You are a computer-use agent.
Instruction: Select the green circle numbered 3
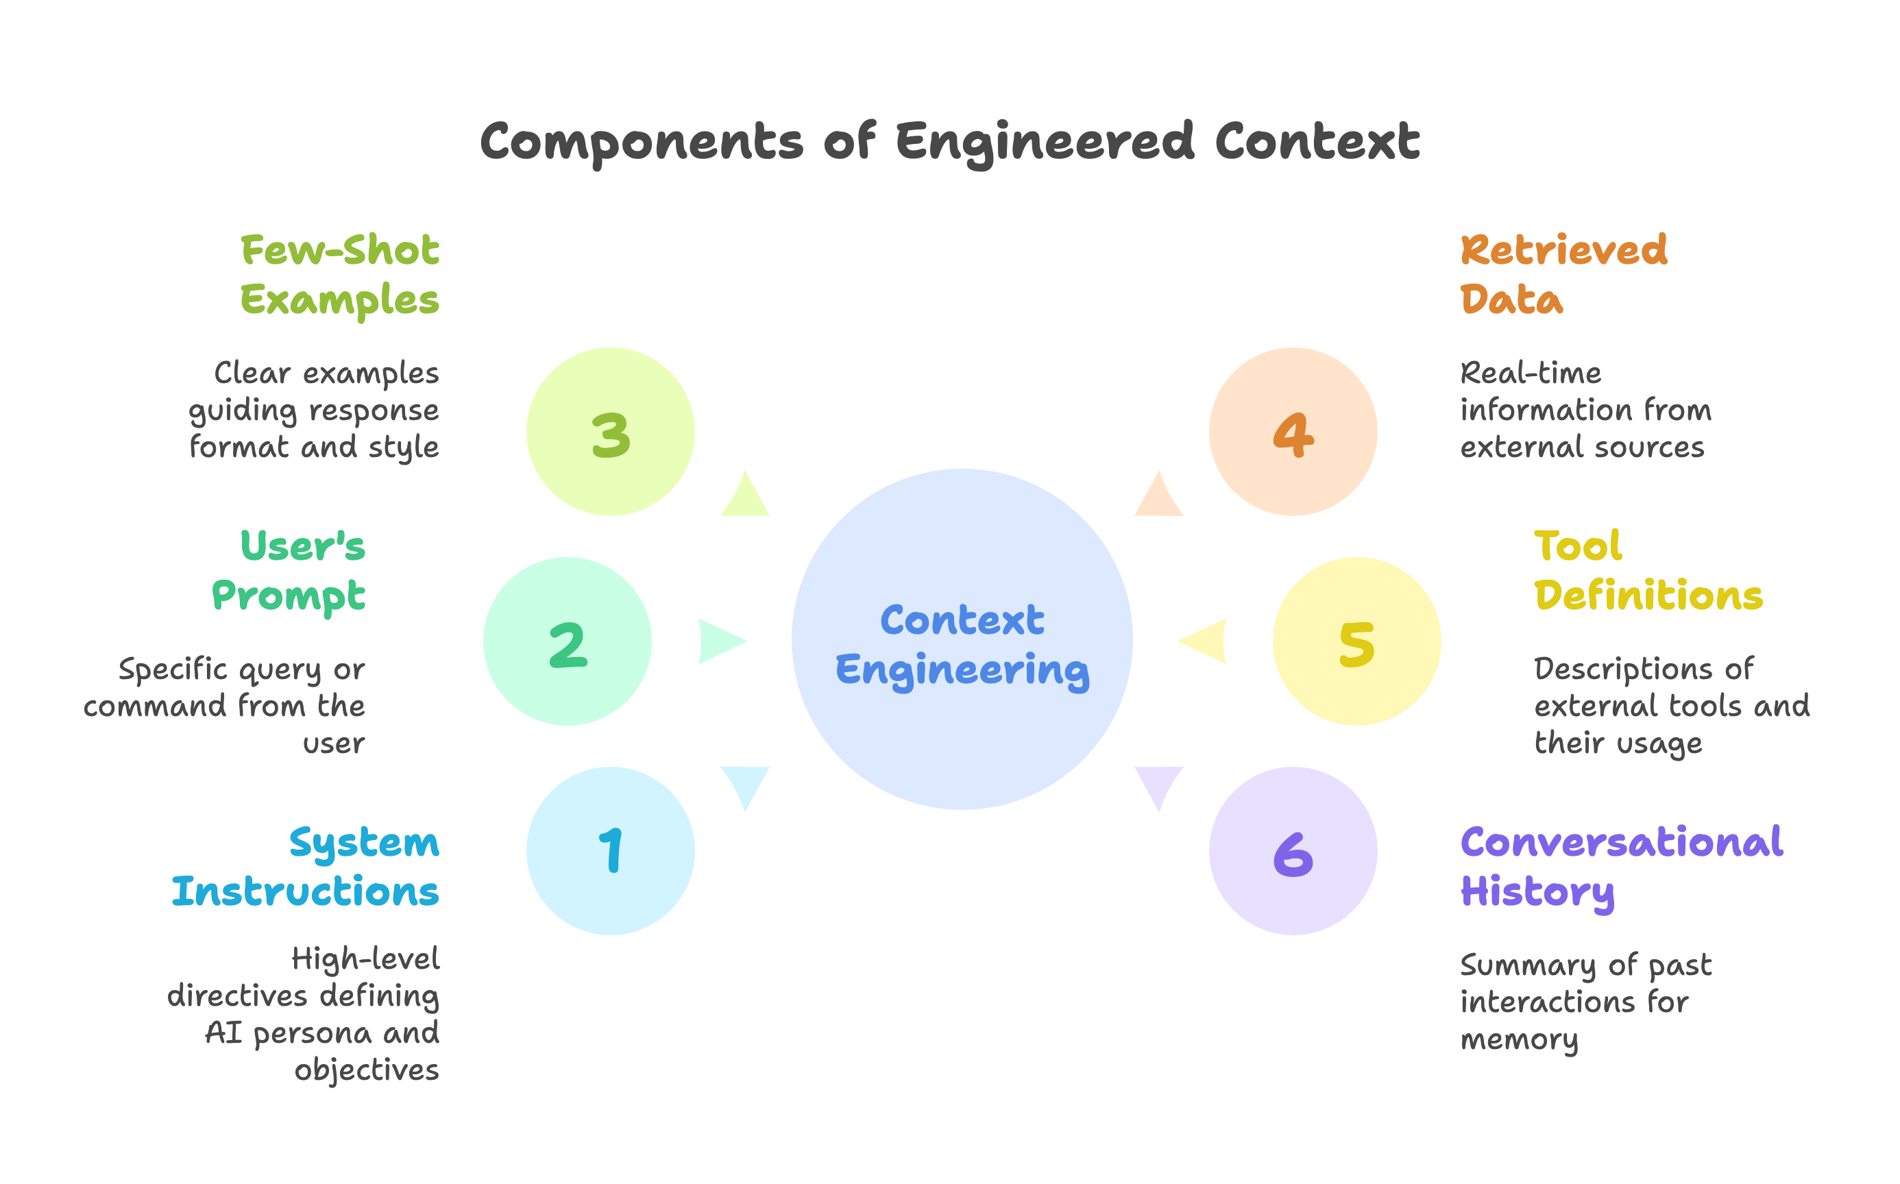click(610, 432)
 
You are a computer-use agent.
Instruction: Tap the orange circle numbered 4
click(1292, 432)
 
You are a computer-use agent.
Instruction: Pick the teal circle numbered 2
click(567, 641)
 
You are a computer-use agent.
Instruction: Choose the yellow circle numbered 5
click(1356, 641)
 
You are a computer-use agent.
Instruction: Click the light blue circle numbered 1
click(610, 851)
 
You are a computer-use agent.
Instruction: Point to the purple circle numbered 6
click(1292, 851)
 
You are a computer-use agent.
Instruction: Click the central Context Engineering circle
click(962, 640)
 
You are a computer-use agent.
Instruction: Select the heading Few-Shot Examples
click(340, 274)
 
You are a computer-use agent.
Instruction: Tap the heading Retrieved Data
click(1563, 274)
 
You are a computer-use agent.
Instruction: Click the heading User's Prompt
click(290, 570)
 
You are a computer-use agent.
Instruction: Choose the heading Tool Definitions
click(1648, 570)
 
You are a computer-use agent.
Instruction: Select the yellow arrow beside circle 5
click(1204, 641)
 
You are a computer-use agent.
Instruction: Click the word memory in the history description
click(1519, 1039)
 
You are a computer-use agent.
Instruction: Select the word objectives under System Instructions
click(367, 1070)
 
